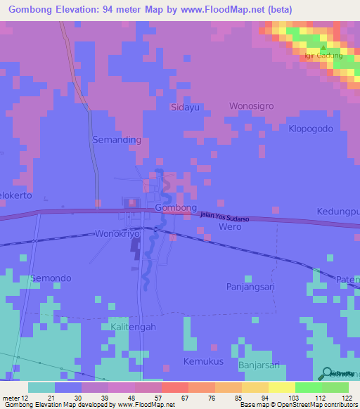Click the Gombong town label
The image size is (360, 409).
[x=175, y=209]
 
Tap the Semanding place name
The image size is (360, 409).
[x=117, y=140]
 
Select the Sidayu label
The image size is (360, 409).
[x=186, y=108]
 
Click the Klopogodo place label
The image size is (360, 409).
[x=314, y=129]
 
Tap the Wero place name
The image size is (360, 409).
[x=231, y=227]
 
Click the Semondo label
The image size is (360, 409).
[x=51, y=278]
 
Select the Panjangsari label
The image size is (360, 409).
[x=250, y=287]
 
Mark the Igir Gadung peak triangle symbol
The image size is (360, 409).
[x=322, y=48]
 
